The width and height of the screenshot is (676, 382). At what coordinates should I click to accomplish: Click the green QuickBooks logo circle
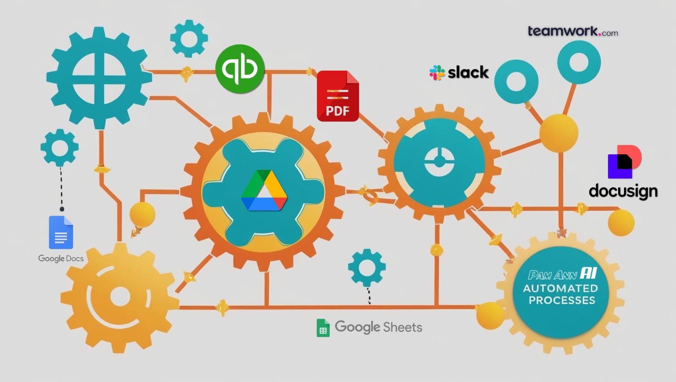click(x=240, y=69)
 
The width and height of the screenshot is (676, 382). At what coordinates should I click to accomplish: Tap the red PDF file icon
click(x=338, y=96)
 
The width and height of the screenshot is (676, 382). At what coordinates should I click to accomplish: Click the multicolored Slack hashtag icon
click(x=437, y=73)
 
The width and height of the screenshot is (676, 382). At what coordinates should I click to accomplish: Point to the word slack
click(x=468, y=73)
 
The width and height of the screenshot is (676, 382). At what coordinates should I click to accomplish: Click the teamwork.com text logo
click(x=572, y=31)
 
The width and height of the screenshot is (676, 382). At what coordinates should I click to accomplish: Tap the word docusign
click(x=623, y=191)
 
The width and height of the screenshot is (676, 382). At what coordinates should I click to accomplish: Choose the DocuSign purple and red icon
click(x=624, y=162)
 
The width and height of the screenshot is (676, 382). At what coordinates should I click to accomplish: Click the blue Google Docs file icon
click(x=61, y=232)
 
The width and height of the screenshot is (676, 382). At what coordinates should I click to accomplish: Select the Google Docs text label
click(x=61, y=258)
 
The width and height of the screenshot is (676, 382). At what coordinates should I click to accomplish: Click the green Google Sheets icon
click(x=323, y=328)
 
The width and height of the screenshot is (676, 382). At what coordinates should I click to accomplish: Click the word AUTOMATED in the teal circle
click(x=560, y=288)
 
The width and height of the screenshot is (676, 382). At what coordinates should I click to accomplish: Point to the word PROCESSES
click(x=562, y=300)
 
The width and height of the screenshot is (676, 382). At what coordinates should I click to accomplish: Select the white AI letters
click(x=588, y=274)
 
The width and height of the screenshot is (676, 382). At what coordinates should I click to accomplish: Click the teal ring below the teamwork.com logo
click(x=579, y=62)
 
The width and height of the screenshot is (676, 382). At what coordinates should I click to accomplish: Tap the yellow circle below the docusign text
click(x=621, y=223)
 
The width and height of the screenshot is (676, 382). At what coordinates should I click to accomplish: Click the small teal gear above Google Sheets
click(x=366, y=268)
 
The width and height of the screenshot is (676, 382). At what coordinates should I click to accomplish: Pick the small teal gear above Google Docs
click(x=60, y=147)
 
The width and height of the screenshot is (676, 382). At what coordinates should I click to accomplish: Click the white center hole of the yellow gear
click(x=120, y=296)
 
